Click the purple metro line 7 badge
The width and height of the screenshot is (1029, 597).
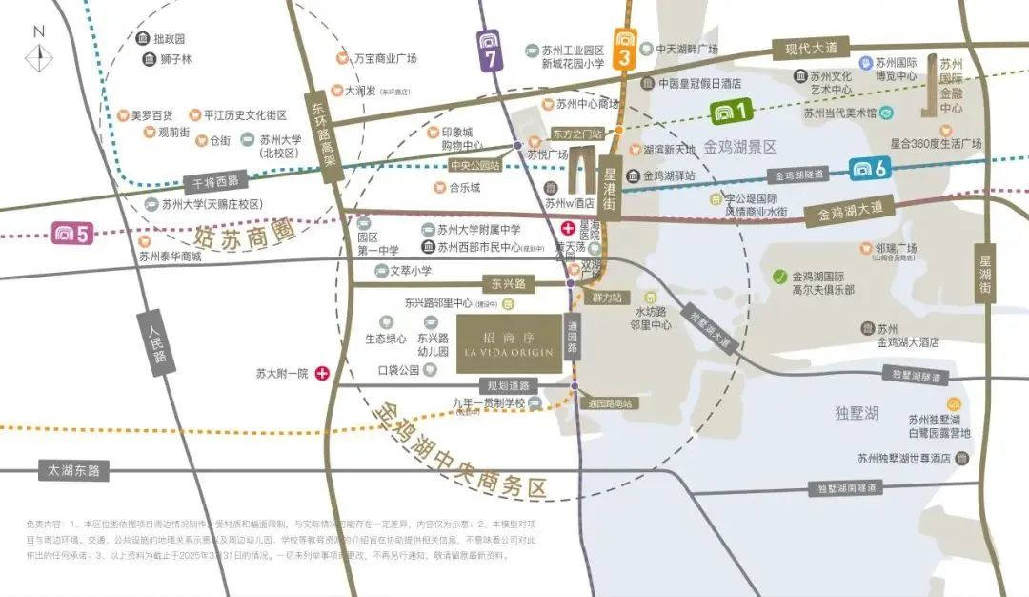click(491, 51)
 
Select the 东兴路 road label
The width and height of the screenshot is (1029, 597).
click(509, 283)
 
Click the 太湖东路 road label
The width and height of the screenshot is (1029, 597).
click(73, 470)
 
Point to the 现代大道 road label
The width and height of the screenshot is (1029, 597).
click(810, 47)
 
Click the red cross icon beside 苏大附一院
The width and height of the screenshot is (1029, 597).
click(323, 374)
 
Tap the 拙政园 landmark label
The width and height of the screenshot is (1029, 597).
click(166, 39)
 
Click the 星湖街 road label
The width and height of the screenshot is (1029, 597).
click(986, 273)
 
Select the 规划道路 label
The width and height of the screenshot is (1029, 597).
click(508, 386)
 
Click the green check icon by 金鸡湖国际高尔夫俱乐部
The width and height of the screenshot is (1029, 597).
click(780, 277)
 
